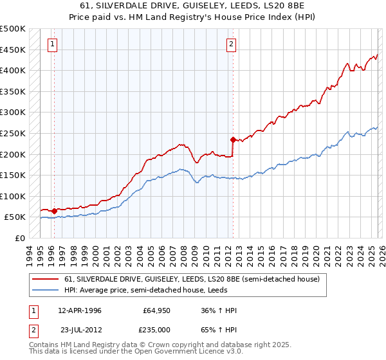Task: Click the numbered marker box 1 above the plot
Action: point(52,44)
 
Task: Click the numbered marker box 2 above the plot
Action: point(231,44)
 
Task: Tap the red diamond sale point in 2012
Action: point(232,139)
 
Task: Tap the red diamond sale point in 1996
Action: point(55,211)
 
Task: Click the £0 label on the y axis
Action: point(19,238)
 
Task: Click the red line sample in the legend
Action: point(46,279)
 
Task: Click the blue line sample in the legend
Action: point(46,290)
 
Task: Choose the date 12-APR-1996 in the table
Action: point(79,310)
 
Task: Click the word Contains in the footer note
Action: point(46,345)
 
